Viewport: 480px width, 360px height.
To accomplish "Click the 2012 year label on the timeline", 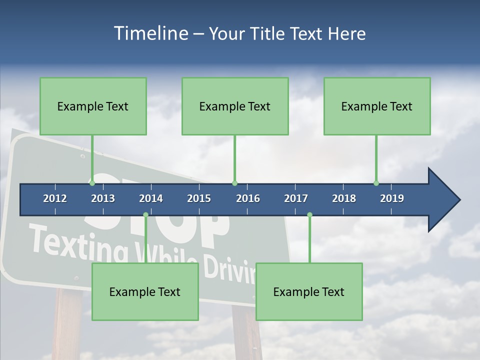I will [x=55, y=198].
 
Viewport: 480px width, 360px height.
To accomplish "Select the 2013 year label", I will [x=103, y=198].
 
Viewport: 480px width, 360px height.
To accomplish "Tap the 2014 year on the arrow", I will [x=151, y=198].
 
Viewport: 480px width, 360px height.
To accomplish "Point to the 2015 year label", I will [x=199, y=198].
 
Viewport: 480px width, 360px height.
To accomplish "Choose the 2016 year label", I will [x=248, y=198].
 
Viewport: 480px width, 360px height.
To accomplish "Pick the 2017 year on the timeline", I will [x=296, y=198].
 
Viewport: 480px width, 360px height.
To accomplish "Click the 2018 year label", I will [x=344, y=198].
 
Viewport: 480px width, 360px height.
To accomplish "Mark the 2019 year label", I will [x=392, y=198].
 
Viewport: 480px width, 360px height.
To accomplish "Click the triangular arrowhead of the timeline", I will [x=442, y=200].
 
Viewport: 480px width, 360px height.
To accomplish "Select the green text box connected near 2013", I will [x=93, y=106].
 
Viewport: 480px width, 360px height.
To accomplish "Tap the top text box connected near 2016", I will [x=235, y=106].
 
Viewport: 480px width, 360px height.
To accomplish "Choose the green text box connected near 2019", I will [x=377, y=106].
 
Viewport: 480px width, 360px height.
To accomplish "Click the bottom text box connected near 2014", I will [x=145, y=291].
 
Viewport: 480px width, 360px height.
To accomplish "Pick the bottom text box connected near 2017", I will [x=309, y=291].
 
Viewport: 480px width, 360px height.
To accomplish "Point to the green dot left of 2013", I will [x=92, y=183].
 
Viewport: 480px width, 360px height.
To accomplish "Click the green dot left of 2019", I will [x=376, y=183].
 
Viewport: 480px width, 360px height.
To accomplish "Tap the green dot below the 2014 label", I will [x=145, y=215].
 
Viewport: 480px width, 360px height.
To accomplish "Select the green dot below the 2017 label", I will [x=309, y=215].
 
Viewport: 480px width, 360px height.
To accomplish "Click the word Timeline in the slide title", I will [x=150, y=33].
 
